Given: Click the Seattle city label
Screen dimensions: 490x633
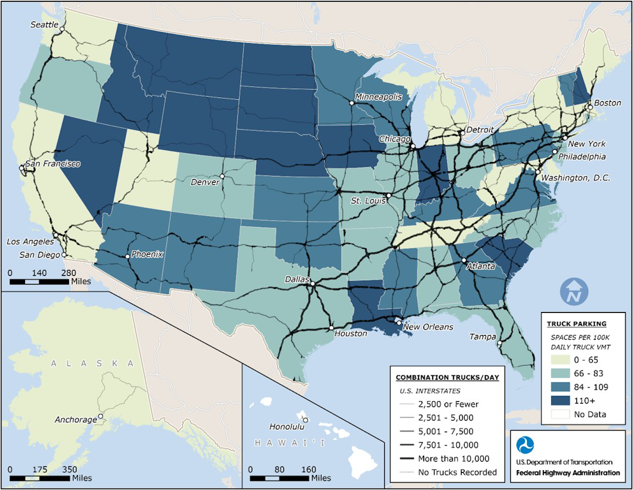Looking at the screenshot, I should click(x=44, y=25).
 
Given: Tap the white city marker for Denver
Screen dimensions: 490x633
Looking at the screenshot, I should click(x=222, y=176).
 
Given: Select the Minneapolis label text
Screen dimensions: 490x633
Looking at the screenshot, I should click(x=378, y=97).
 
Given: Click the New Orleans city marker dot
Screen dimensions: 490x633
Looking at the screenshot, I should click(x=399, y=323).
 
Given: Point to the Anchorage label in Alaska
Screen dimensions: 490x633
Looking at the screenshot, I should click(x=76, y=420).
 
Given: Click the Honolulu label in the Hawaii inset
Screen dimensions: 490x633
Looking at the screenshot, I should click(x=287, y=427).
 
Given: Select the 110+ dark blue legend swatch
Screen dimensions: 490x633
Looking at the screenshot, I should click(x=560, y=401).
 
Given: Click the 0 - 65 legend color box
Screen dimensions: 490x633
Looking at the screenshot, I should click(x=560, y=360).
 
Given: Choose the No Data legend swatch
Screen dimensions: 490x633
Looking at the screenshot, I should click(x=560, y=414).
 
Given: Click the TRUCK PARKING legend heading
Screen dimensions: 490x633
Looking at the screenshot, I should click(x=576, y=324).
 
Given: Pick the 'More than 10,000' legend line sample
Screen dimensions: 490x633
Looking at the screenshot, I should click(x=407, y=459).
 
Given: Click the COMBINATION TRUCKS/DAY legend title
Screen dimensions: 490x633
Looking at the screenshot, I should click(x=447, y=377).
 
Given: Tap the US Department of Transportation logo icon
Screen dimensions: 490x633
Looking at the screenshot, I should click(x=525, y=445).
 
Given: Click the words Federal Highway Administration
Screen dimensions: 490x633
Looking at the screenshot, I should click(x=568, y=473).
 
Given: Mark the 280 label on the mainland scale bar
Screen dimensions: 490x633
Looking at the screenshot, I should click(x=69, y=273).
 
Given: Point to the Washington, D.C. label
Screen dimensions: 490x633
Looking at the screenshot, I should click(x=575, y=178).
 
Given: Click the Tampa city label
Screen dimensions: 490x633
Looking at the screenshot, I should click(x=482, y=337).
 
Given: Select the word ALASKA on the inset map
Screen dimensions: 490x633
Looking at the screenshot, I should click(x=92, y=363).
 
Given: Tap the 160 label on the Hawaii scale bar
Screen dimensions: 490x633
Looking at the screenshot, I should click(x=309, y=469).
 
